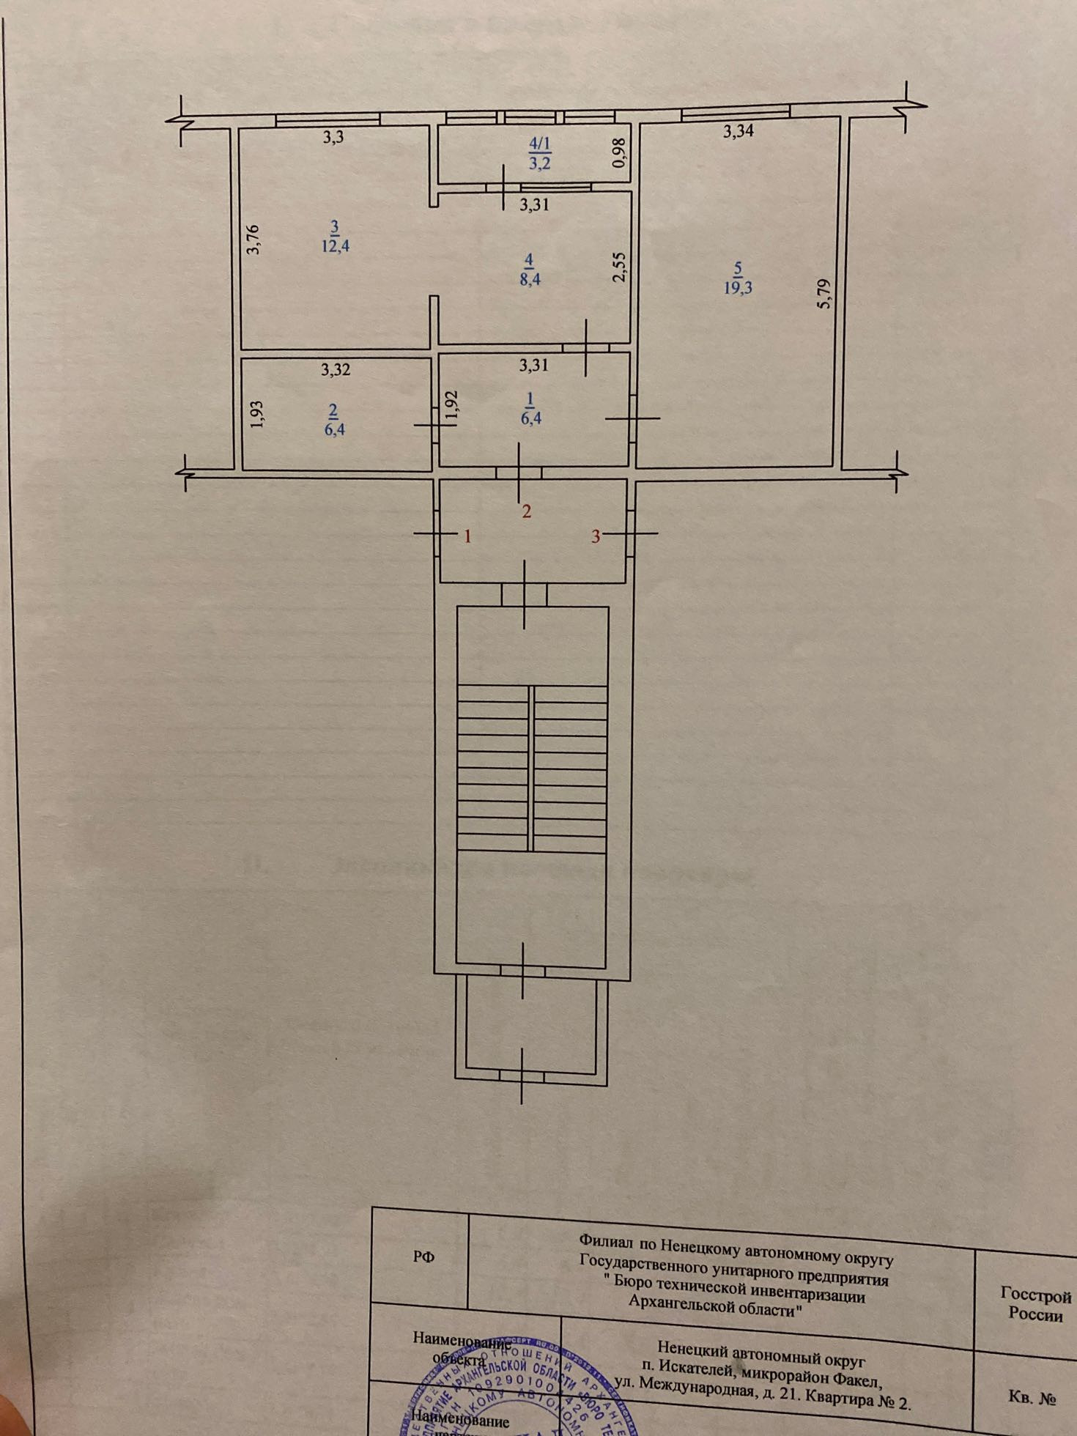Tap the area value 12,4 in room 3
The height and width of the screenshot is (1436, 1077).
(334, 245)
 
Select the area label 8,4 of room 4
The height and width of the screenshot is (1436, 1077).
(530, 278)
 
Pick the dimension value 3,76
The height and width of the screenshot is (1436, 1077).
(253, 239)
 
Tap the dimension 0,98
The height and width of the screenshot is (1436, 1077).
(620, 155)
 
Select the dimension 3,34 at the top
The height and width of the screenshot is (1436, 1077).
(739, 132)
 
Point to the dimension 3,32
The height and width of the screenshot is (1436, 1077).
(336, 370)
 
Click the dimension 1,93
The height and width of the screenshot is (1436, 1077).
(256, 414)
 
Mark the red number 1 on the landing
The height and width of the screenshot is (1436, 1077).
(467, 536)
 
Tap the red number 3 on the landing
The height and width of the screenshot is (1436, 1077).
(596, 536)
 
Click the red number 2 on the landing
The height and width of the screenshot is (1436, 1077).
(526, 511)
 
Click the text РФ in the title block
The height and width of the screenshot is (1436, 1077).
(423, 1257)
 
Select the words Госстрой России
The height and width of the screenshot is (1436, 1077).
(1035, 1305)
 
